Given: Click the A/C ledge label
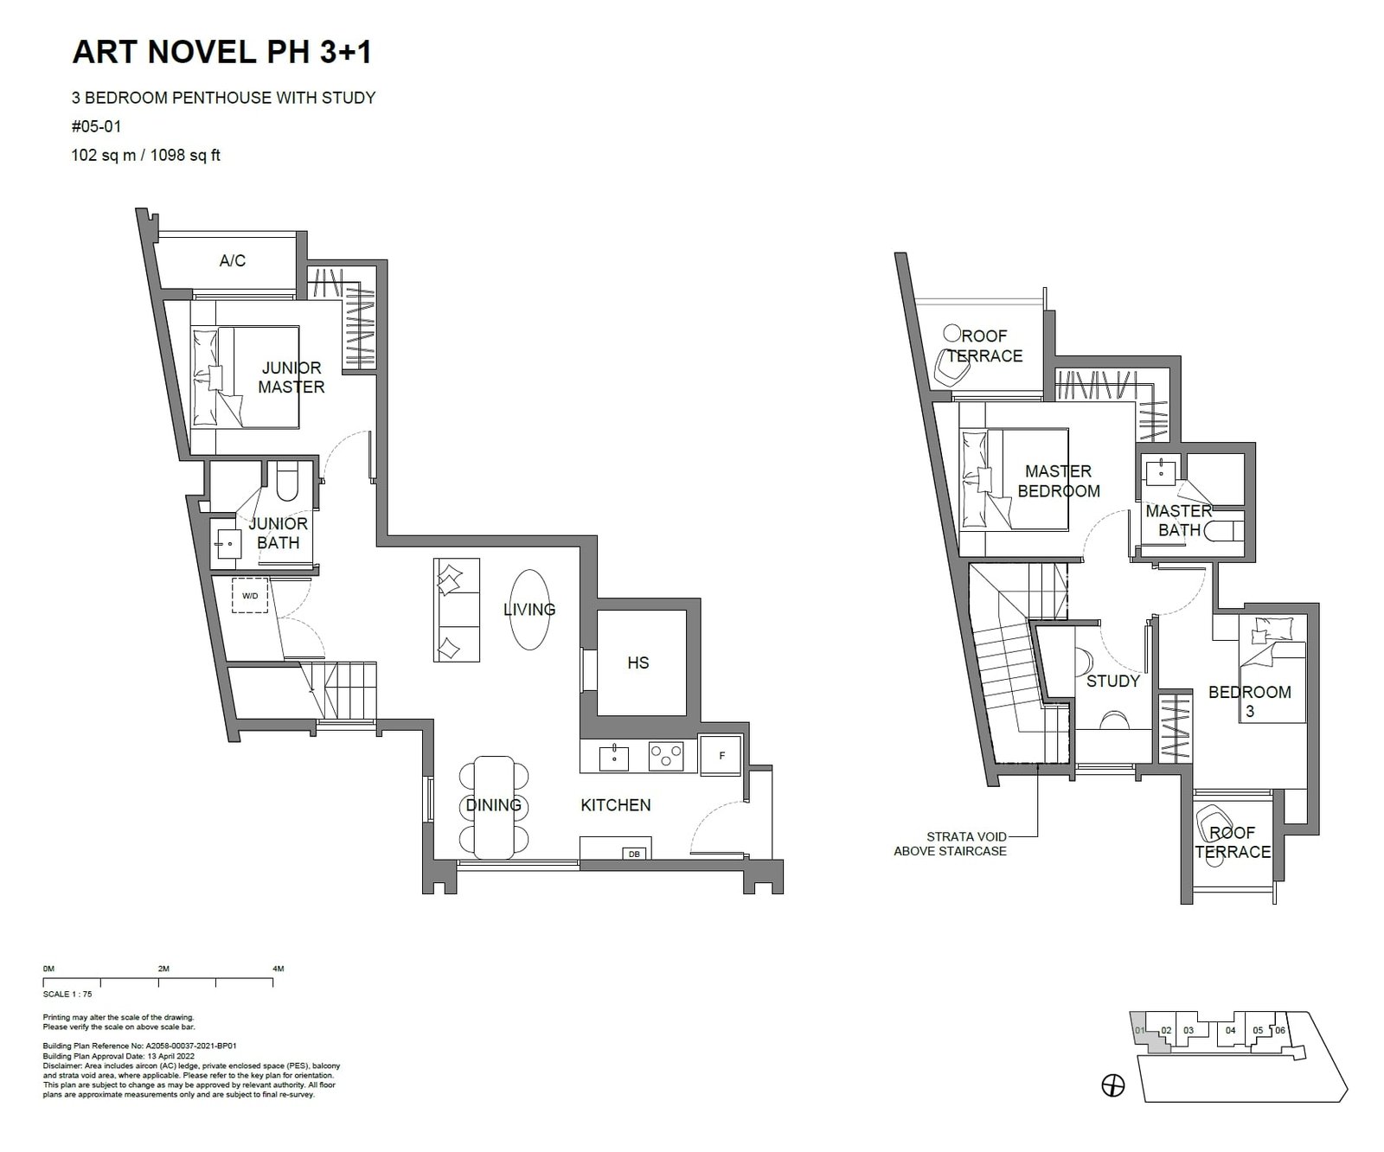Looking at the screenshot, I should (233, 260).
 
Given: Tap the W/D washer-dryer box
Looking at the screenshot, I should (250, 596).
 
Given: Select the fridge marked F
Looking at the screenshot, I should (721, 755).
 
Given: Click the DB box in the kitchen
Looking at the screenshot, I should (634, 854).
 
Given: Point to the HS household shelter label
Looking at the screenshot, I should (638, 663).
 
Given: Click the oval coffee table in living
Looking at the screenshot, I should (529, 610).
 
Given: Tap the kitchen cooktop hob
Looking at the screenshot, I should (666, 757).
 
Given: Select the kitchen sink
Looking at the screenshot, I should (614, 757).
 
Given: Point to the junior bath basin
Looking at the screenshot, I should (228, 544).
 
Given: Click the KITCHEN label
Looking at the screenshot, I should (616, 805).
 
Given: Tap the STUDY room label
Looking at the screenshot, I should (1113, 682).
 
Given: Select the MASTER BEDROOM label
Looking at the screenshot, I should (1059, 482).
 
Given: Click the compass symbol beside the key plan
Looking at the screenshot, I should (1114, 1085).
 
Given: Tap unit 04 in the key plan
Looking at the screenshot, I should (1230, 1030).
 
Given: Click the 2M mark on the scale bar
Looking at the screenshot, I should (163, 970).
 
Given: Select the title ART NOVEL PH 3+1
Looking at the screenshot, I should (222, 53).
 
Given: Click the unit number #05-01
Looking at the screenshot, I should (97, 126).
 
